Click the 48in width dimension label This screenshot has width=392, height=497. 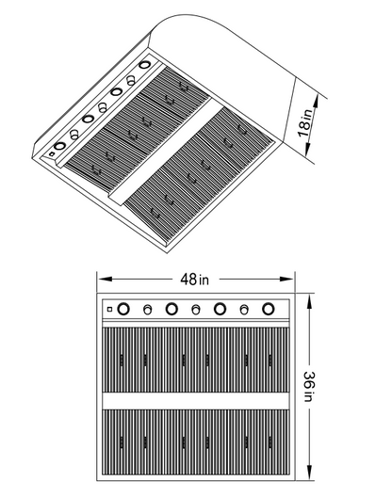pyautogui.click(x=194, y=280)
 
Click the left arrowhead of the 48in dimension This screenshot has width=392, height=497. pyautogui.click(x=106, y=279)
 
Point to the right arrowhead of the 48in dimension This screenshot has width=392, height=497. pyautogui.click(x=286, y=279)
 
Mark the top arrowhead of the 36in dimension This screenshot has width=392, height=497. pyautogui.click(x=310, y=301)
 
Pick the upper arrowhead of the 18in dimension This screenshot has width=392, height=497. pyautogui.click(x=316, y=103)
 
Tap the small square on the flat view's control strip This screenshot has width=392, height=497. pyautogui.click(x=110, y=309)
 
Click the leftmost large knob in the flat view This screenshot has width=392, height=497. pyautogui.click(x=123, y=309)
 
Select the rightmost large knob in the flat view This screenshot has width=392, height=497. pyautogui.click(x=269, y=309)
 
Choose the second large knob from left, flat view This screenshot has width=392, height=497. pyautogui.click(x=171, y=309)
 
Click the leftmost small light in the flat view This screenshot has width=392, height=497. pyautogui.click(x=147, y=310)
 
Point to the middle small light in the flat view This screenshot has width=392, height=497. pyautogui.click(x=196, y=310)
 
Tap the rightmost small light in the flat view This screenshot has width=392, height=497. pyautogui.click(x=244, y=310)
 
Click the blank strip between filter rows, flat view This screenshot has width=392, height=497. pyautogui.click(x=196, y=401)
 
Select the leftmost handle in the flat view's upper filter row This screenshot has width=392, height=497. pyautogui.click(x=122, y=361)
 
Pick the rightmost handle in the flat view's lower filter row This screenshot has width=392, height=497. pyautogui.click(x=270, y=442)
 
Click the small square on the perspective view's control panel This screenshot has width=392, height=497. pyautogui.click(x=52, y=154)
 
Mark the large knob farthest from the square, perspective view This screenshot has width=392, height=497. pyautogui.click(x=145, y=65)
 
